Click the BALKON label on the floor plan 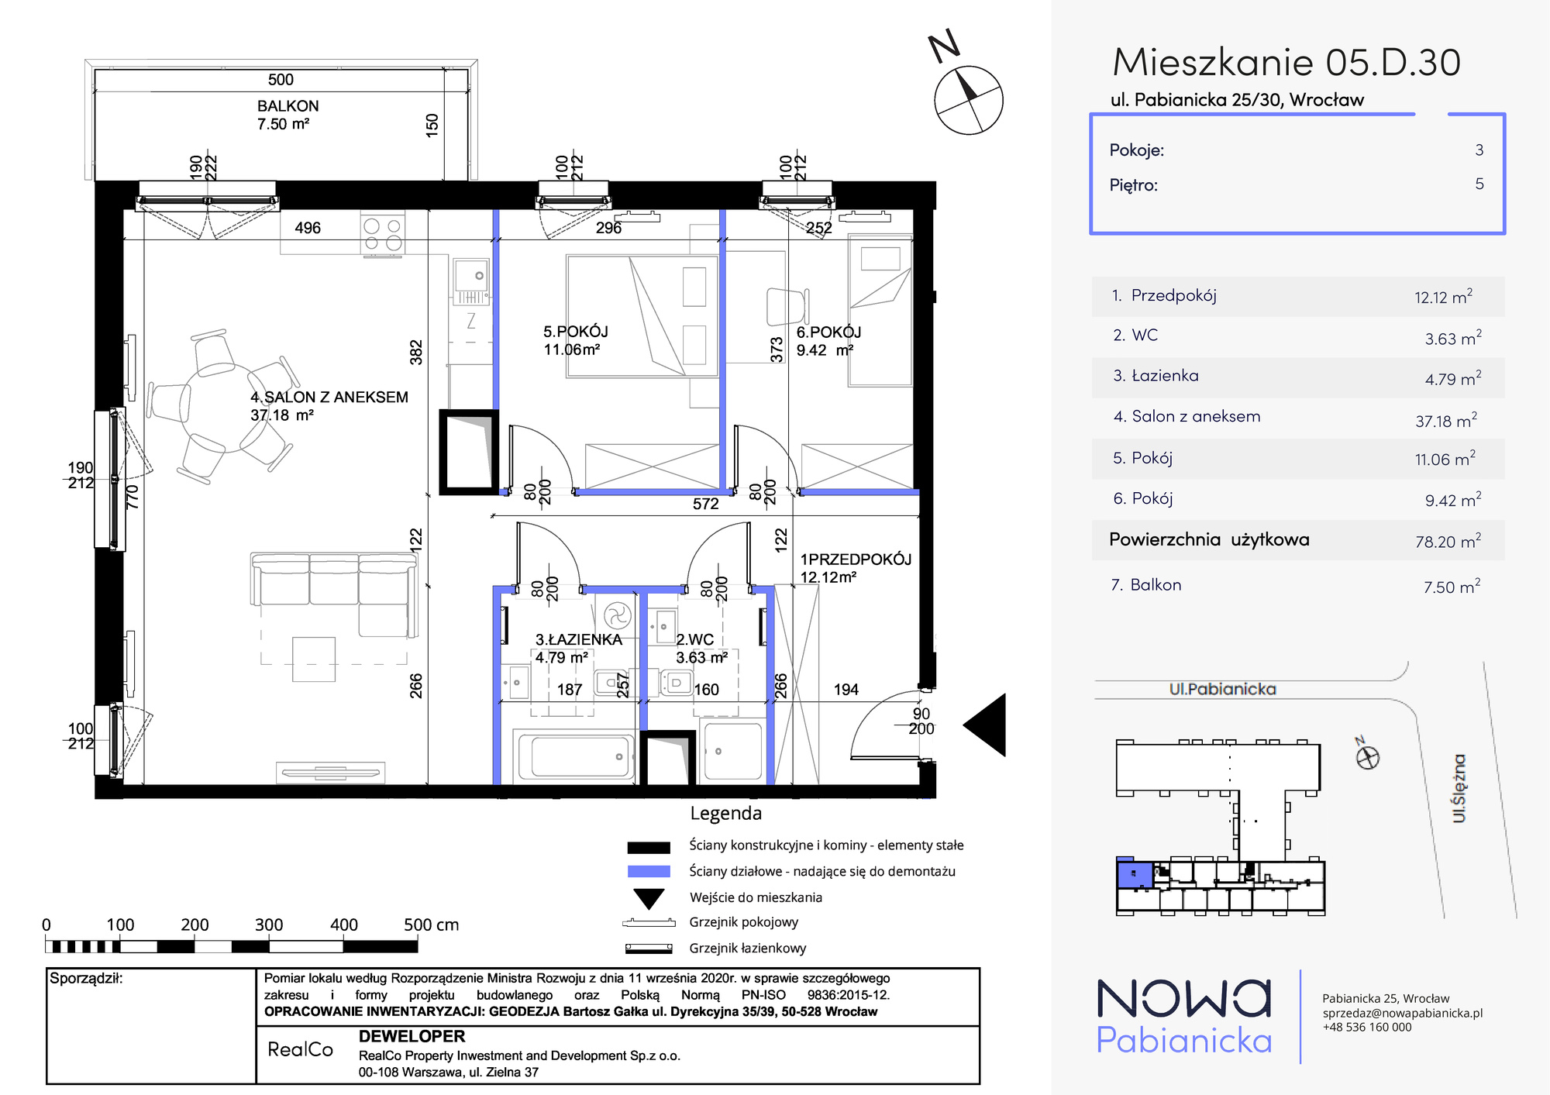[288, 106]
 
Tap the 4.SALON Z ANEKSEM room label [329, 398]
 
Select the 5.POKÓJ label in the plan [576, 332]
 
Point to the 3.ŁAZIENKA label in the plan [579, 639]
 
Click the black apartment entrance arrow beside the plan [986, 725]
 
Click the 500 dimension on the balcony [281, 80]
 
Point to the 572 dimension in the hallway [705, 504]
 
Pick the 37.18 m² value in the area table [1446, 420]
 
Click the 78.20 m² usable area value [1448, 541]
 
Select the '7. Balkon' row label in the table [1146, 585]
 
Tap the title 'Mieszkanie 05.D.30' [1286, 62]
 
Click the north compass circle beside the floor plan [969, 101]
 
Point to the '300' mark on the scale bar [269, 925]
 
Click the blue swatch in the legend [649, 871]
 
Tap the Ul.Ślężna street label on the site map [1459, 788]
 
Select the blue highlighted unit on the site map [1135, 874]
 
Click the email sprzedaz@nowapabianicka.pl [1403, 1013]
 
